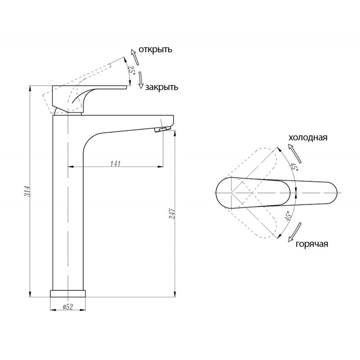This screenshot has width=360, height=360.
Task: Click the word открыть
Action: [155, 49]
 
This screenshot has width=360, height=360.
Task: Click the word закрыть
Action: [162, 87]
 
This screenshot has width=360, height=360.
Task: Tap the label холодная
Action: [308, 138]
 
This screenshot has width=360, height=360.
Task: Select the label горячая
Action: [312, 244]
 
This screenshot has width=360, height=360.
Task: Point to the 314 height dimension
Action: [27, 191]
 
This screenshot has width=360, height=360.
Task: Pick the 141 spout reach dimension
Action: [116, 164]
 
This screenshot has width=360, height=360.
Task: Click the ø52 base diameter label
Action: [68, 307]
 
